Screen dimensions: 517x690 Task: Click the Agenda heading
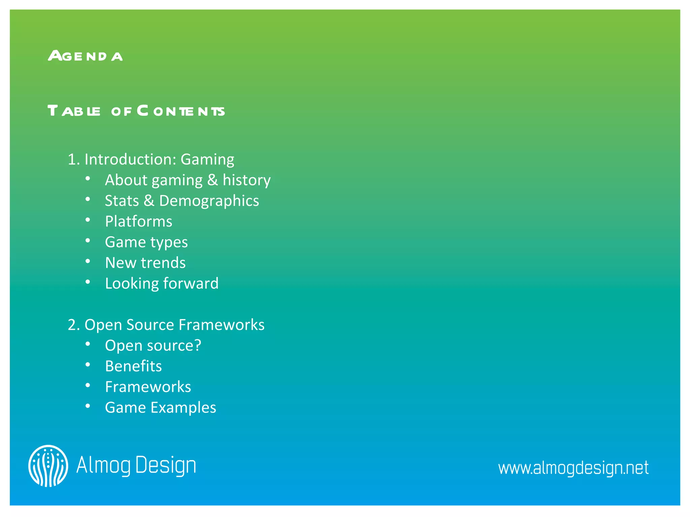[x=85, y=56]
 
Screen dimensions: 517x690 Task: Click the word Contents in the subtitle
[x=181, y=111]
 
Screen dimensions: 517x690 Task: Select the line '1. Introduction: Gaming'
[x=151, y=159]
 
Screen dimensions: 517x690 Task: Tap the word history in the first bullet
[x=247, y=180]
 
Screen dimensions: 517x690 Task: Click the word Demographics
[x=209, y=201]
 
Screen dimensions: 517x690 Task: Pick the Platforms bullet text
[x=138, y=221]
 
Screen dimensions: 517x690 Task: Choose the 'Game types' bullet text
[x=146, y=242]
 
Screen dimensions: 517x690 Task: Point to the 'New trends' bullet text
[x=145, y=263]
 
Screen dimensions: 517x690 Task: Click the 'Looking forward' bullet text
[x=162, y=283]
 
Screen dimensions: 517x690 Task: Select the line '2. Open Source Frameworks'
[x=166, y=325]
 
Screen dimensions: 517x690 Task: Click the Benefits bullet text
[x=133, y=366]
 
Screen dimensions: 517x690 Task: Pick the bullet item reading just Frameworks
[x=148, y=387]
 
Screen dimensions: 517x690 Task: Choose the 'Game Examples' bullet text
[x=160, y=408]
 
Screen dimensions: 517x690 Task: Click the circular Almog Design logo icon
[x=48, y=466]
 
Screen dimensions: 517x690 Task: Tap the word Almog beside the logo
[x=103, y=466]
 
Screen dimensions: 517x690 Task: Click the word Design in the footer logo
[x=165, y=466]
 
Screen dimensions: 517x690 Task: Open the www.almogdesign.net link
[x=573, y=468]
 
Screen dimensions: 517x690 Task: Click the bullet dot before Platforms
[x=88, y=220]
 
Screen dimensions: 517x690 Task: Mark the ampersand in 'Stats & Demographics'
[x=149, y=201]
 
